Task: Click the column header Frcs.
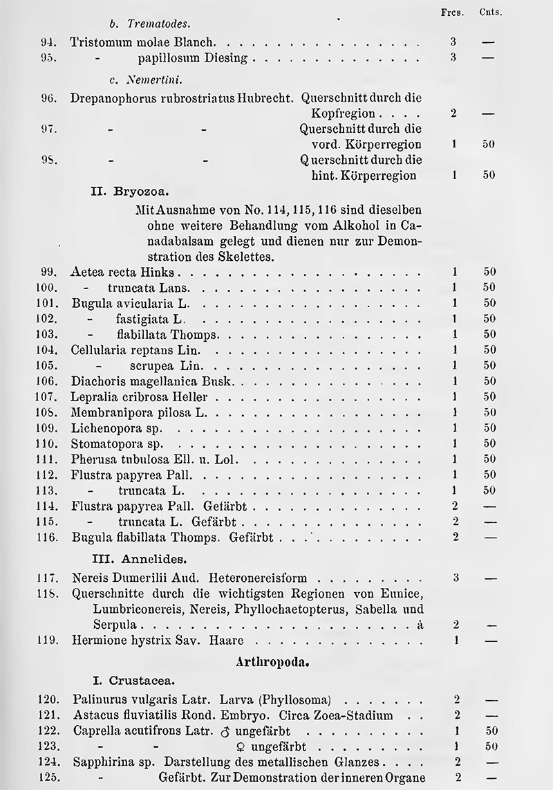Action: tap(453, 12)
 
